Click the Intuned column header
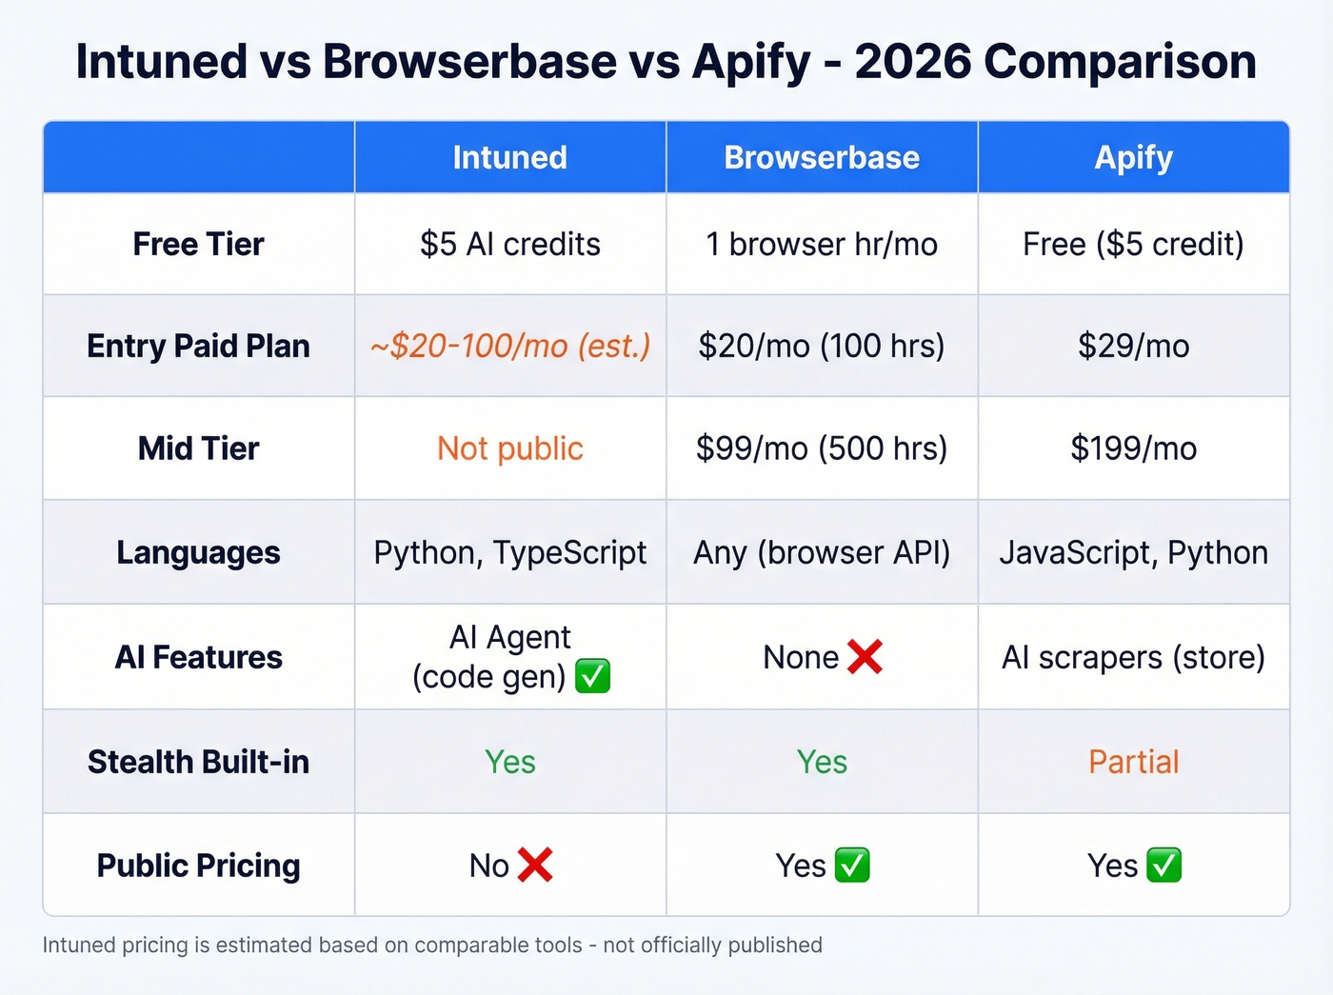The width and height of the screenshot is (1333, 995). pyautogui.click(x=509, y=157)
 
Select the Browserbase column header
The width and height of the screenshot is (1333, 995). pyautogui.click(x=822, y=157)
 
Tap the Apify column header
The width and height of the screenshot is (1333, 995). pyautogui.click(x=1133, y=157)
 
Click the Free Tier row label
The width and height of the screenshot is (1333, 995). pyautogui.click(x=198, y=244)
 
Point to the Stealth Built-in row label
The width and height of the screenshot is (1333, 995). pyautogui.click(x=198, y=762)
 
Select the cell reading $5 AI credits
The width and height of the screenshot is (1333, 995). pyautogui.click(x=509, y=244)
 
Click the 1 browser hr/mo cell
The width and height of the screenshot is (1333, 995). pyautogui.click(x=822, y=244)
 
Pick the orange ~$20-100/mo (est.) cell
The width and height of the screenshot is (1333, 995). pyautogui.click(x=509, y=346)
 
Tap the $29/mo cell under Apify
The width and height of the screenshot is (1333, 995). pyautogui.click(x=1133, y=346)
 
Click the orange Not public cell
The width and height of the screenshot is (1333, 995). pyautogui.click(x=509, y=448)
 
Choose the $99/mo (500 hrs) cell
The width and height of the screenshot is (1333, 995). pyautogui.click(x=822, y=448)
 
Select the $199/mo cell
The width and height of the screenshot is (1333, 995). pyautogui.click(x=1133, y=448)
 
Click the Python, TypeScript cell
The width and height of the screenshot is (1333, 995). pyautogui.click(x=509, y=552)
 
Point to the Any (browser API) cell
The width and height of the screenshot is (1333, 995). pyautogui.click(x=822, y=552)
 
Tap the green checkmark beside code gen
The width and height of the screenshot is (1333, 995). pyautogui.click(x=592, y=677)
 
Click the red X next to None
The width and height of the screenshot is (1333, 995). pyautogui.click(x=865, y=657)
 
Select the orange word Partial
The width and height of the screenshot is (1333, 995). pyautogui.click(x=1133, y=762)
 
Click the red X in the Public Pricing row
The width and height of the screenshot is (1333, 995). pyautogui.click(x=535, y=866)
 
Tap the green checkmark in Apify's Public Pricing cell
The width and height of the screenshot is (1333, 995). pyautogui.click(x=1164, y=866)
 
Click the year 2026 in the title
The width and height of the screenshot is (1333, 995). pyautogui.click(x=912, y=62)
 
